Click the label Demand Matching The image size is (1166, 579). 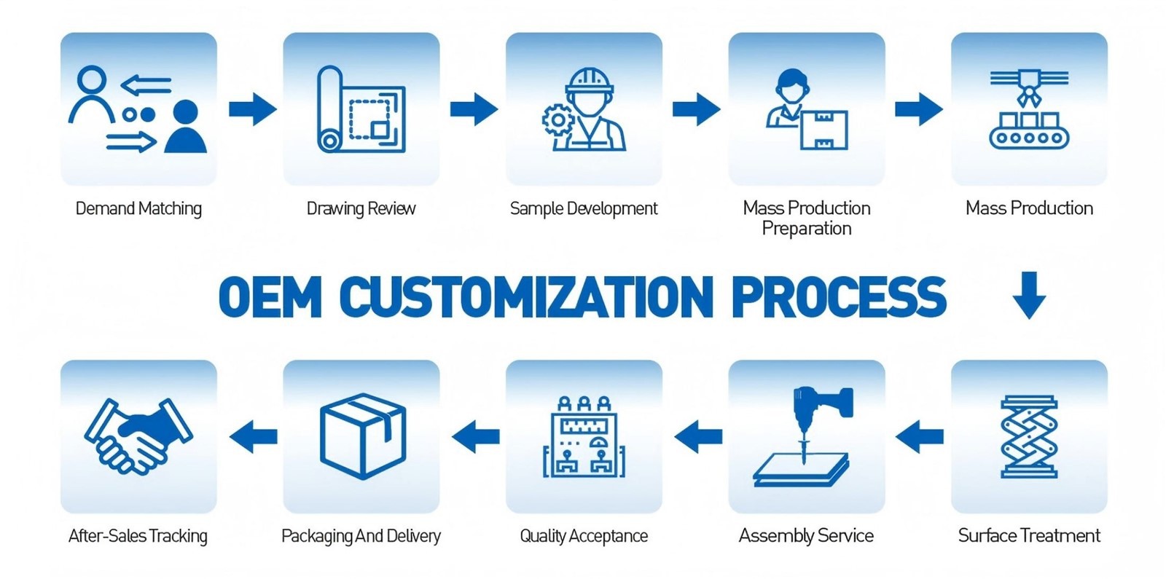[x=138, y=208]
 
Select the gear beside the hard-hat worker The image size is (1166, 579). [x=558, y=119]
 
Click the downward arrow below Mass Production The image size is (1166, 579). [x=1029, y=295]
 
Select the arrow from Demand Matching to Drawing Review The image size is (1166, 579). [x=252, y=109]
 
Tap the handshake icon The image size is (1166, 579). [x=138, y=436]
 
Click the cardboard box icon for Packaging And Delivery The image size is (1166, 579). [x=362, y=436]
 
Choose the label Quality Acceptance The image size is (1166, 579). [x=584, y=536]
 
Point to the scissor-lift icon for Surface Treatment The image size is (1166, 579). [x=1028, y=436]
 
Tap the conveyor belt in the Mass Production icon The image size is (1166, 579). [x=1028, y=136]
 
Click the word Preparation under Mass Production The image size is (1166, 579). [x=806, y=229]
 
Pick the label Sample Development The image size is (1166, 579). [x=584, y=208]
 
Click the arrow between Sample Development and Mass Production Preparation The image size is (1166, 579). [x=696, y=109]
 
